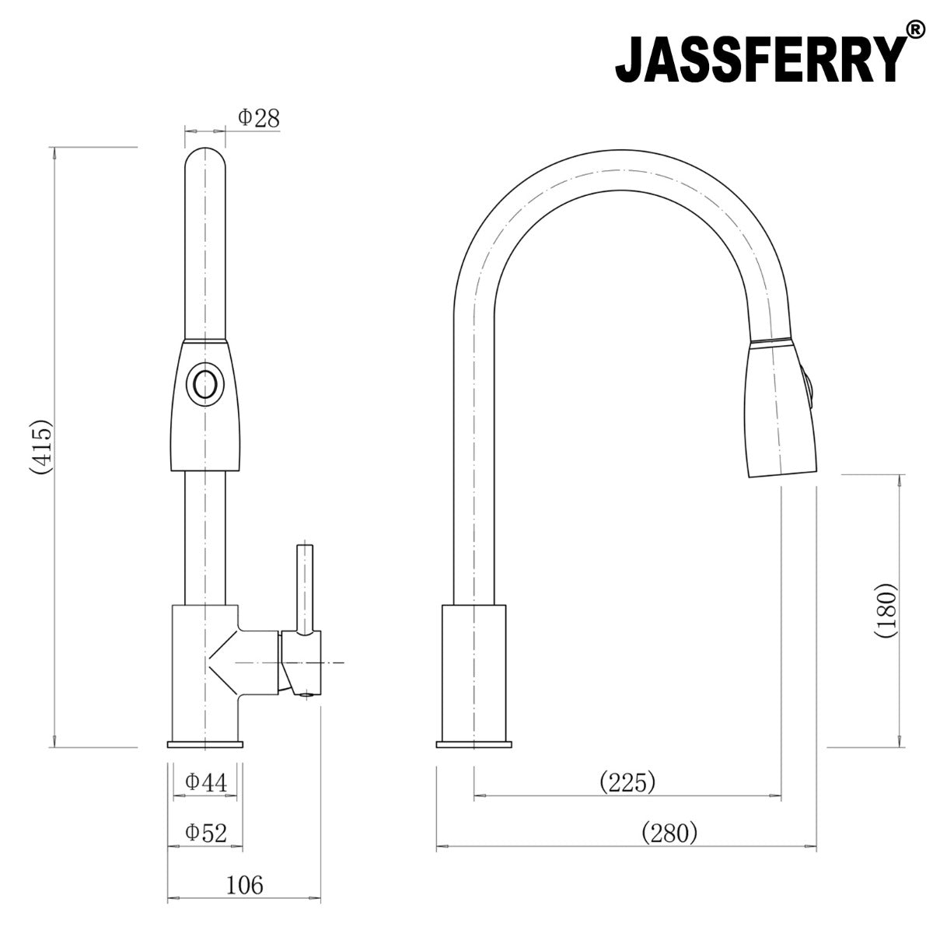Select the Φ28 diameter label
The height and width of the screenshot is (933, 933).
(258, 118)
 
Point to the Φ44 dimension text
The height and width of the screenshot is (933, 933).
(206, 783)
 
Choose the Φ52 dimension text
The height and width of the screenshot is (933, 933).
(206, 833)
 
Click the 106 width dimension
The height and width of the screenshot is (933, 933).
(245, 885)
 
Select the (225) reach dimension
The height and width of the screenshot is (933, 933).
(627, 781)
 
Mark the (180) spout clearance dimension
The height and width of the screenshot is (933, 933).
(885, 610)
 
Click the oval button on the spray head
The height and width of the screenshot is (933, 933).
(204, 385)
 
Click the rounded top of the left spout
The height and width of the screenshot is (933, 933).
(204, 159)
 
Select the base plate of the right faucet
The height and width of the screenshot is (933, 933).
(474, 745)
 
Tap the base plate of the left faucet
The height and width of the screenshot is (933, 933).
(204, 745)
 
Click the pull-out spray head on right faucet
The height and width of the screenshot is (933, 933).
(777, 412)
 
